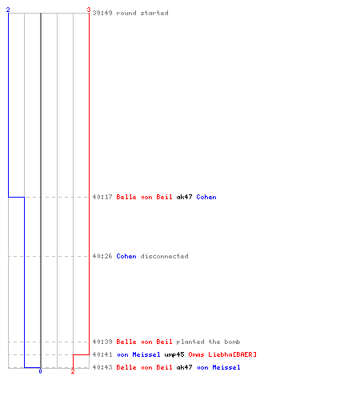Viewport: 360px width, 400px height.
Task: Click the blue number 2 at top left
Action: (8, 10)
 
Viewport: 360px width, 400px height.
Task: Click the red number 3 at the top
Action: (89, 10)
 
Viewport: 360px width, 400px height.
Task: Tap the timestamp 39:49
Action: (102, 13)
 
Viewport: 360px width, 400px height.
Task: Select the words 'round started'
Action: (142, 13)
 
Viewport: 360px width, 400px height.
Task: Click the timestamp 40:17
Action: (102, 197)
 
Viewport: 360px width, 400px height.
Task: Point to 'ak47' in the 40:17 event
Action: (184, 197)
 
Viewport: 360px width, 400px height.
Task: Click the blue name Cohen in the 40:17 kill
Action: (206, 197)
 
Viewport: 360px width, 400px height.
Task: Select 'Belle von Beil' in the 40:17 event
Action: (144, 197)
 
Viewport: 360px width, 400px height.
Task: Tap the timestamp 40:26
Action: (102, 256)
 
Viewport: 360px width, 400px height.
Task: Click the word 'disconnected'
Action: (164, 256)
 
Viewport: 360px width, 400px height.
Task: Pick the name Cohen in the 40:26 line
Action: (126, 256)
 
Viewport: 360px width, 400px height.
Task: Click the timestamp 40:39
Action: (102, 342)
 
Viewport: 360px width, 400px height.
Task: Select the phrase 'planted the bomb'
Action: (208, 342)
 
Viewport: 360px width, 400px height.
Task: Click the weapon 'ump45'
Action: (174, 354)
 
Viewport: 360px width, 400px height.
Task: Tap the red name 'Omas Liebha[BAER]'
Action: (222, 354)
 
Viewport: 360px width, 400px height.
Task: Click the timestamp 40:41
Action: (102, 354)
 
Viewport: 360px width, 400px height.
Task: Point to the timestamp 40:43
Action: (102, 367)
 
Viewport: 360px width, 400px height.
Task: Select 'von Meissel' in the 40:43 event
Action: (218, 367)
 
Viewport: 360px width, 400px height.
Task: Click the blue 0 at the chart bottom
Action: (40, 371)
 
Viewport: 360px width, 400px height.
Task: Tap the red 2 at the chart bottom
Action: (73, 371)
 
